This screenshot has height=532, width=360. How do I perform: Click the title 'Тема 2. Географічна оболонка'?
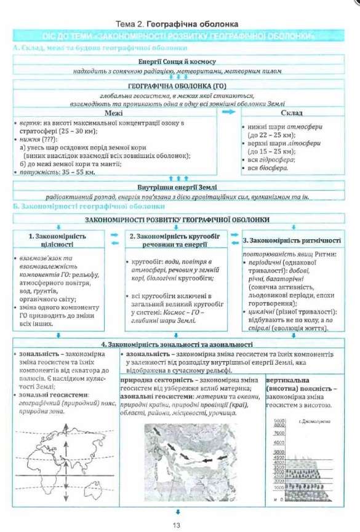pos(179,24)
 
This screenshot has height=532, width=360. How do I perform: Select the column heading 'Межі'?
pos(114,113)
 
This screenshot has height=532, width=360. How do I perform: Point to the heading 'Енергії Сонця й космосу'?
pos(178,62)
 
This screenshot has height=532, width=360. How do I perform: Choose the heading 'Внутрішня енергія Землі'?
pos(178,186)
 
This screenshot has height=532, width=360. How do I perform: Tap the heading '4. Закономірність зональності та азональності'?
pos(178,344)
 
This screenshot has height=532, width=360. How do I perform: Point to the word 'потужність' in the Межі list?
pos(37,173)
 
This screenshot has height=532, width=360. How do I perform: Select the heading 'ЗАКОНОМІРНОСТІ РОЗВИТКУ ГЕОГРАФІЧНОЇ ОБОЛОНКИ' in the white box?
pos(178,220)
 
